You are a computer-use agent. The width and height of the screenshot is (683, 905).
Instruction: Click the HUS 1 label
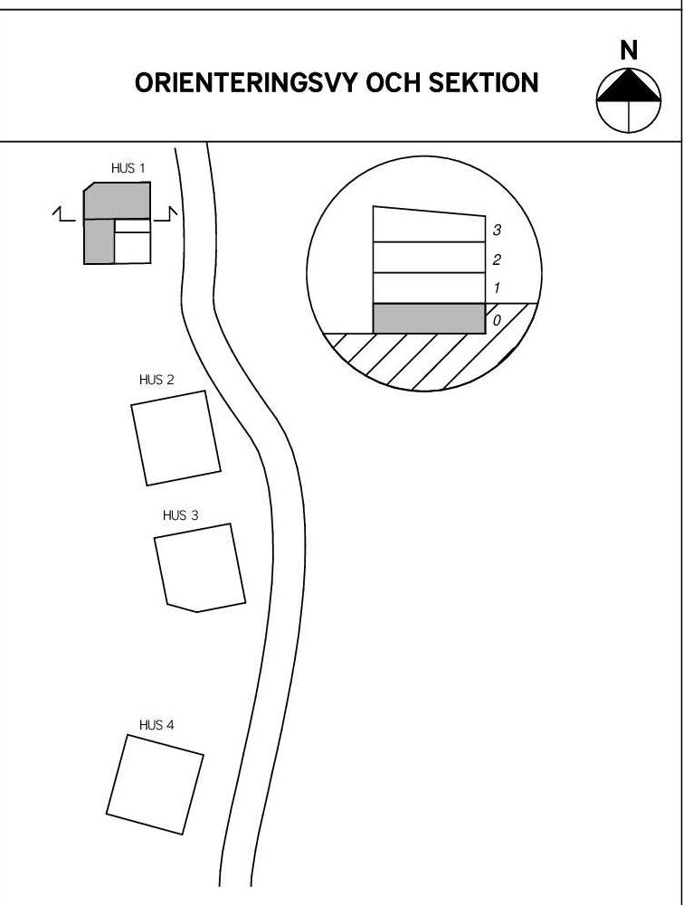(128, 168)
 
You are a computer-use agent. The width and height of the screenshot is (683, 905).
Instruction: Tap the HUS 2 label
(157, 380)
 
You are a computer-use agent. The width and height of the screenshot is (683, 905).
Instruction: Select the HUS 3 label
(180, 515)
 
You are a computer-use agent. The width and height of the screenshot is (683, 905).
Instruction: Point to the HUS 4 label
(157, 725)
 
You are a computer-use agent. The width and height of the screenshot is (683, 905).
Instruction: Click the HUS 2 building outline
(175, 438)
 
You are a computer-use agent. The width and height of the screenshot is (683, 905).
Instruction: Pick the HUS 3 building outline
(200, 568)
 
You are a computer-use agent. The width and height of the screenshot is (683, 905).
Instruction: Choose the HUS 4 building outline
(155, 784)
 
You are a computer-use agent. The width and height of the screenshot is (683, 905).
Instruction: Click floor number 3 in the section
(497, 231)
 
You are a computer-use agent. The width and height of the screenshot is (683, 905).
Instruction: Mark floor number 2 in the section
(497, 260)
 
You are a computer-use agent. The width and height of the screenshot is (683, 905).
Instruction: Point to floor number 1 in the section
(497, 289)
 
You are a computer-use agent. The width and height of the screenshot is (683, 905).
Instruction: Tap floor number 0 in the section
(497, 320)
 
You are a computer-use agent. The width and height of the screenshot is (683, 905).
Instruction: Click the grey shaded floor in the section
(429, 319)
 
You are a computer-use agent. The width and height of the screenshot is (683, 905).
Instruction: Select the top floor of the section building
(429, 225)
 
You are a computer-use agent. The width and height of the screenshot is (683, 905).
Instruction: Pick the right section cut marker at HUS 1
(170, 214)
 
